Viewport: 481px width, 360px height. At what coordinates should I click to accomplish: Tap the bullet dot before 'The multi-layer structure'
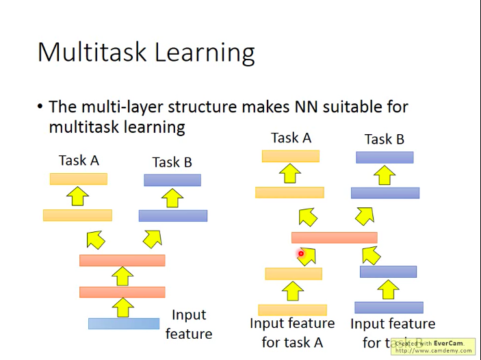coord(40,107)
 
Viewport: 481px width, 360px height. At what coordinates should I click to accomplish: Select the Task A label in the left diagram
coord(79,160)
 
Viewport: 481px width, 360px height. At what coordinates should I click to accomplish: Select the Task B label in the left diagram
coord(172,162)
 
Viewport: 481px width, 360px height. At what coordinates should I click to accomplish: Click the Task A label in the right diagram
coord(291,138)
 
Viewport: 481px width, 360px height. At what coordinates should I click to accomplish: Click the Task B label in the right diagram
coord(384,139)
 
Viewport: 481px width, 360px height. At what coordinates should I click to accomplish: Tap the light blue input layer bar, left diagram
coord(124,324)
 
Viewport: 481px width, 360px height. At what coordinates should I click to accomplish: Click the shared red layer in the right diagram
coord(334,237)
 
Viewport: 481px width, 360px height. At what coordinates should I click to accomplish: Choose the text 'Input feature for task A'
coord(292,332)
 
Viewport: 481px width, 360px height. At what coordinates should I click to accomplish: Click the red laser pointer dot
coord(300,254)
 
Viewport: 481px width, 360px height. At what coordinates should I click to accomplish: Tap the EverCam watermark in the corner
coord(433,346)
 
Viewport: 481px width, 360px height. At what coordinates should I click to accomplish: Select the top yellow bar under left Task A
coord(79,179)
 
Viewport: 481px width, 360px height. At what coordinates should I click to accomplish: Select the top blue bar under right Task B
coord(385,157)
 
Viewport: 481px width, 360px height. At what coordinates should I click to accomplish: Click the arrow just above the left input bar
coord(122,307)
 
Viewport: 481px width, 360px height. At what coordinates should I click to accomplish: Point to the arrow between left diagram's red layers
coord(122,277)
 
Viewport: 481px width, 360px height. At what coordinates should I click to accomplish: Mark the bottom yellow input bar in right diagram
coord(292,310)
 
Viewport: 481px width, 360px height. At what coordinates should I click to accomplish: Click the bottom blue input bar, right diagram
coord(389,307)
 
